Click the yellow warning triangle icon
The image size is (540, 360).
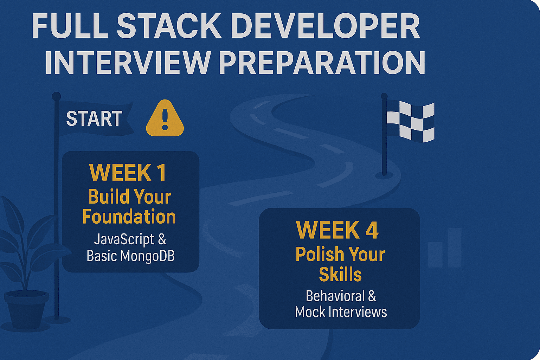pyautogui.click(x=165, y=118)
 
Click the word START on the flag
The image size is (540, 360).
pyautogui.click(x=94, y=118)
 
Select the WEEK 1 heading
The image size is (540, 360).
pyautogui.click(x=128, y=173)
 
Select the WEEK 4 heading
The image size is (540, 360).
pyautogui.click(x=337, y=230)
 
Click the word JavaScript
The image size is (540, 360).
pyautogui.click(x=121, y=240)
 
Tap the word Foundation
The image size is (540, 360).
pyautogui.click(x=129, y=217)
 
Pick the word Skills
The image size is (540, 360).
pyautogui.click(x=340, y=275)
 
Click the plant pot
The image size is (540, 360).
pyautogui.click(x=26, y=310)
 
